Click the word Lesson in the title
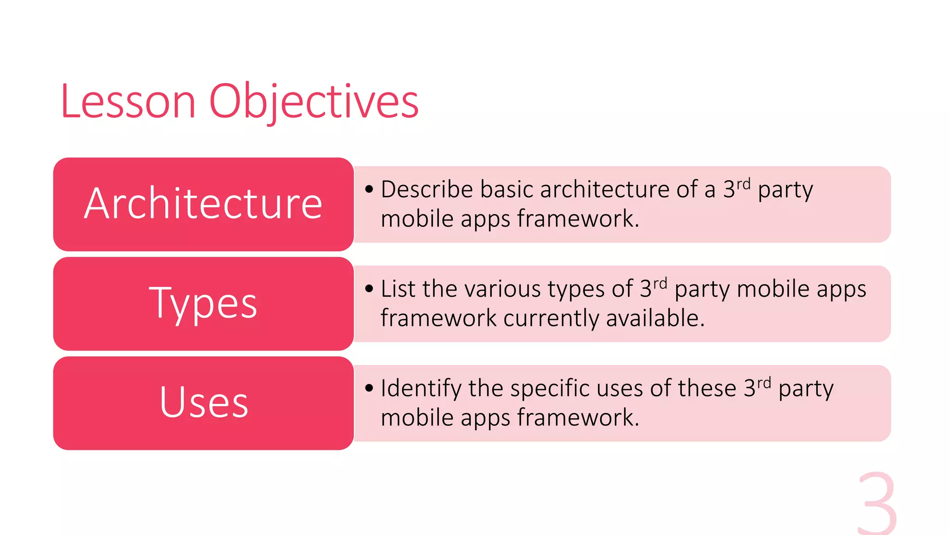[x=128, y=101]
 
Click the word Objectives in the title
[x=314, y=101]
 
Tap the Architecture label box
[x=203, y=204]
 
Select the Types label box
[x=203, y=304]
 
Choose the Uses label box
[x=203, y=403]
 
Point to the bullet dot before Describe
[x=369, y=189]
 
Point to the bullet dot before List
[x=369, y=289]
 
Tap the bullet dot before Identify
[x=369, y=388]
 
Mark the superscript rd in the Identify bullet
[x=764, y=383]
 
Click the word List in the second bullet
[x=398, y=289]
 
